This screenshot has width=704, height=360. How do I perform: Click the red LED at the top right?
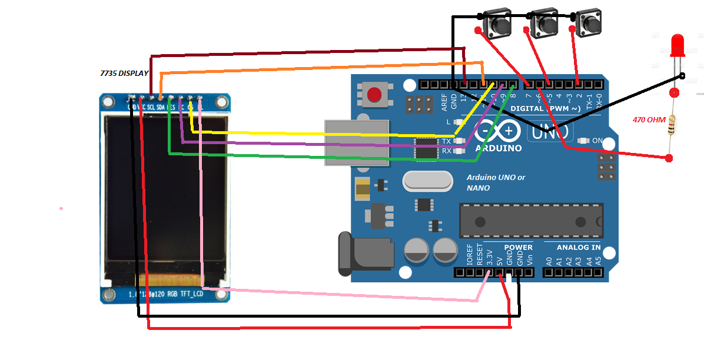click(x=677, y=45)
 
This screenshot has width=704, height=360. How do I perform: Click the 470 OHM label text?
click(x=649, y=120)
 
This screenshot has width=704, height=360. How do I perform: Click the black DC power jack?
click(x=365, y=254)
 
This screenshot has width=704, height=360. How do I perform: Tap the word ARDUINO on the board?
click(x=499, y=148)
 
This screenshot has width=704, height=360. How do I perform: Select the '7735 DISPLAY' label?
click(x=124, y=74)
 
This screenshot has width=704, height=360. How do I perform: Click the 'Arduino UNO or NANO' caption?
click(x=496, y=182)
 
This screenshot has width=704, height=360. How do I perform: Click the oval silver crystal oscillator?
click(x=427, y=181)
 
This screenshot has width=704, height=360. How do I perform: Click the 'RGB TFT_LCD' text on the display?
click(x=185, y=293)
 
